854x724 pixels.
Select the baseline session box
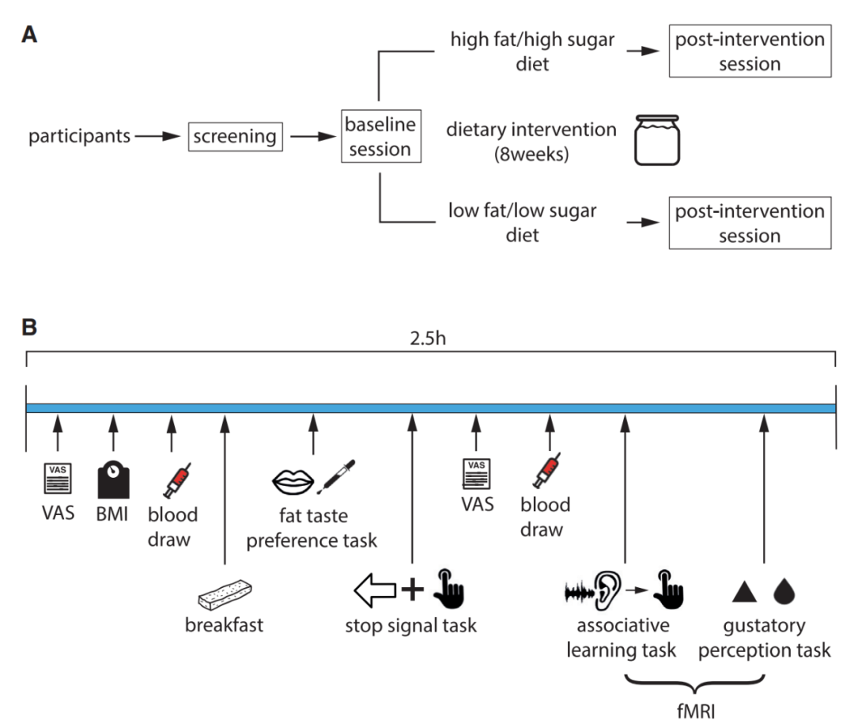click(x=379, y=137)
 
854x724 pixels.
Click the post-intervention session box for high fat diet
click(x=750, y=51)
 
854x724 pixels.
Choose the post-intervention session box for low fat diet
click(x=750, y=224)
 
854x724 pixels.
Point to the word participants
click(x=79, y=137)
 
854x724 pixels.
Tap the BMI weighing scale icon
click(x=113, y=480)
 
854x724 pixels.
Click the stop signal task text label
click(x=411, y=626)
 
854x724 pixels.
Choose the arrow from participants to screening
click(x=158, y=137)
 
